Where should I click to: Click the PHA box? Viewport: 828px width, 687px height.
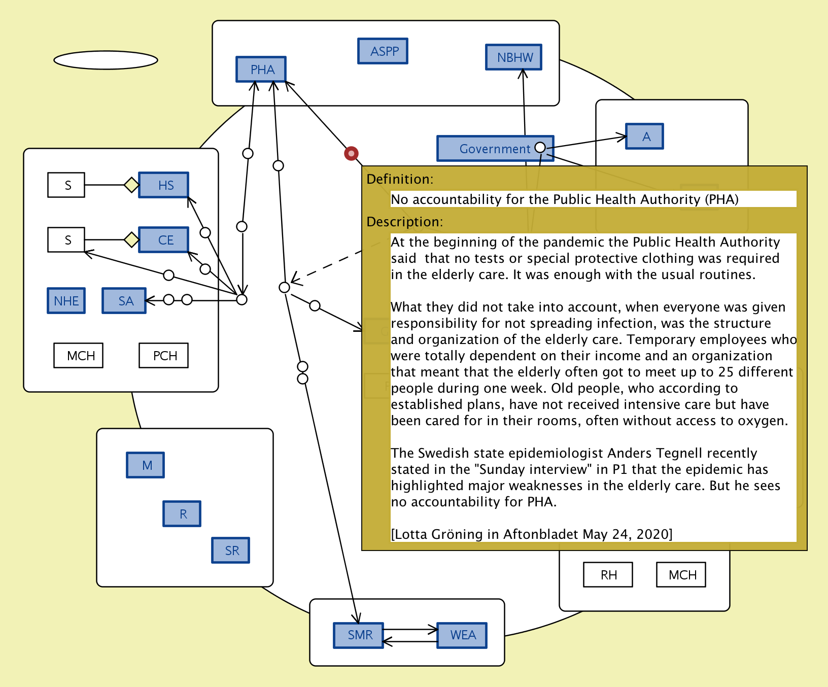[x=261, y=69]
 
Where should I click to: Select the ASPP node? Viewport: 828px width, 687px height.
[x=383, y=51]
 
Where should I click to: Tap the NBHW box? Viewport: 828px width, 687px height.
[x=513, y=57]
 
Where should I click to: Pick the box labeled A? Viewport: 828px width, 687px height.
[x=644, y=136]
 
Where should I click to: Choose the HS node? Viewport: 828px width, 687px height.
[x=164, y=185]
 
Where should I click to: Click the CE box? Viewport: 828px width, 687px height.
[x=164, y=240]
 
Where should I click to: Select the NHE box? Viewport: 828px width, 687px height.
[x=66, y=301]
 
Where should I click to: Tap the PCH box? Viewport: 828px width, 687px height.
[x=164, y=356]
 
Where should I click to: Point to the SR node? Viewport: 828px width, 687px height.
[x=231, y=551]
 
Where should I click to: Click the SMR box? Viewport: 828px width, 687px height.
[x=359, y=635]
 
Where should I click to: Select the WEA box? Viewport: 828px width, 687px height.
[x=462, y=635]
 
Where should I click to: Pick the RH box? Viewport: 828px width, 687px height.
[x=608, y=575]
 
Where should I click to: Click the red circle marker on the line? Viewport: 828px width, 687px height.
[x=351, y=153]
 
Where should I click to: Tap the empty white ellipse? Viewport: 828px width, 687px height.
[x=106, y=60]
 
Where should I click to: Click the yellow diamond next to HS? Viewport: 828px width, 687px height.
[x=131, y=185]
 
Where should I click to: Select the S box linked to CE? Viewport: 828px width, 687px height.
[x=66, y=240]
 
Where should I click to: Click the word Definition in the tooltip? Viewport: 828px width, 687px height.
[x=399, y=179]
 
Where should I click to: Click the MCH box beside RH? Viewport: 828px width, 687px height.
[x=681, y=575]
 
